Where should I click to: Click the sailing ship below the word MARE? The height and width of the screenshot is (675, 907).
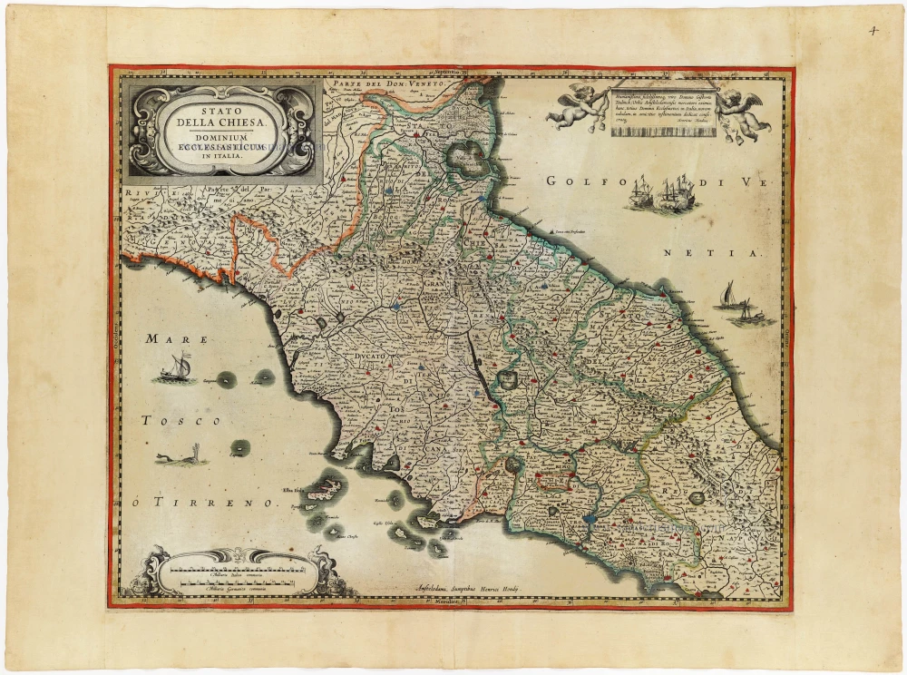(x=177, y=367)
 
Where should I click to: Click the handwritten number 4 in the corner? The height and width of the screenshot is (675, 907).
(x=873, y=29)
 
